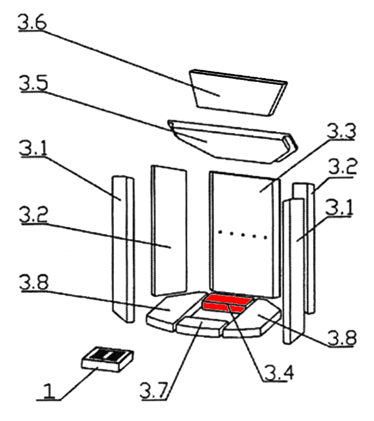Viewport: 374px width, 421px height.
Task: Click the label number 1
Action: (49, 391)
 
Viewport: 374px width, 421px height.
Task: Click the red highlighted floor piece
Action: (224, 303)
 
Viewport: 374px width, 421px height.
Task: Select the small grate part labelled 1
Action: (108, 358)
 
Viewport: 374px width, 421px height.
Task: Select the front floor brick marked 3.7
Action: (199, 328)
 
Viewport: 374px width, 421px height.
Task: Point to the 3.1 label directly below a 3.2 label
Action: (341, 206)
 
